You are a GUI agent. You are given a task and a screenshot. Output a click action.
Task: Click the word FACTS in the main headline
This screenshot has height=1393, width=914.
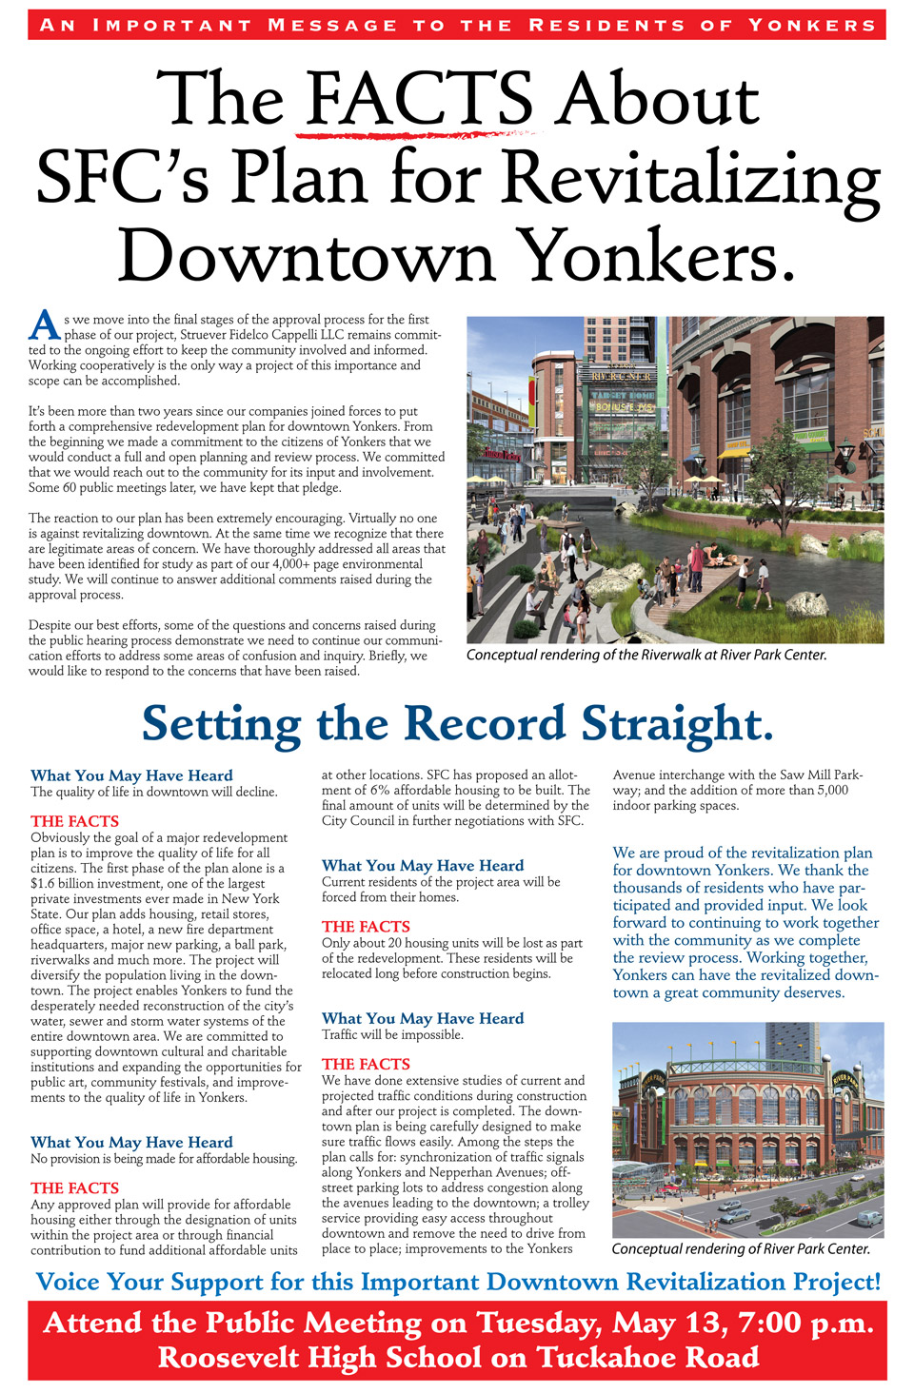pyautogui.click(x=419, y=100)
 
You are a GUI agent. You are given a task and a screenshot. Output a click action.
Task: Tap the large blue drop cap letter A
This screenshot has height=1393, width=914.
pyautogui.click(x=44, y=324)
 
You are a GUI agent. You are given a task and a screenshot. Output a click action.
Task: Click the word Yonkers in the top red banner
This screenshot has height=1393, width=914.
pyautogui.click(x=811, y=25)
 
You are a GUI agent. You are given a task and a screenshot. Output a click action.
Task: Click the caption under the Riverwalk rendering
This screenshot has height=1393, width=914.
pyautogui.click(x=646, y=656)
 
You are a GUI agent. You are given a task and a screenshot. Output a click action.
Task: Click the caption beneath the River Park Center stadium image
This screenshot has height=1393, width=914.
pyautogui.click(x=741, y=1248)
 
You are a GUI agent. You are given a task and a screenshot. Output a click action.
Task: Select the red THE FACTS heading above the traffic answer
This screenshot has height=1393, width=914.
pyautogui.click(x=366, y=1064)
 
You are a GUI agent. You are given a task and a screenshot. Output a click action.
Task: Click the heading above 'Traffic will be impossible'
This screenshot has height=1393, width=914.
pyautogui.click(x=423, y=1018)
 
